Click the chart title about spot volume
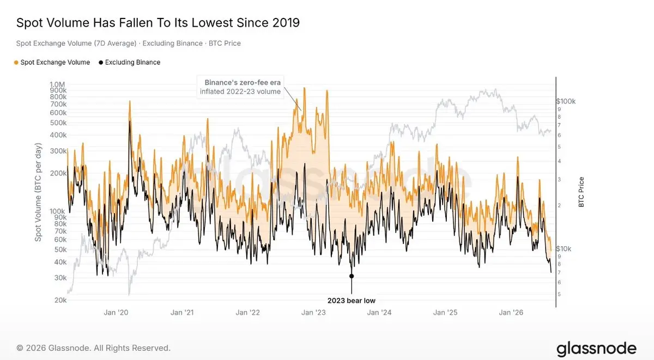coord(158,23)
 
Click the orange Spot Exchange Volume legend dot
coord(16,63)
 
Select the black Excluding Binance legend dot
coord(101,63)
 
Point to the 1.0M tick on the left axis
coord(57,84)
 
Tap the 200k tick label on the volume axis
coord(58,173)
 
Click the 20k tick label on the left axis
coord(60,300)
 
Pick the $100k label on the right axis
coord(566,101)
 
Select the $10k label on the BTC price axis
coord(564,249)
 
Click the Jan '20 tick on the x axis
coord(116,313)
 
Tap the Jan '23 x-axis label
coord(313,313)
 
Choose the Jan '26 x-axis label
coord(511,313)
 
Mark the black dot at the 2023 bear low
coord(352,276)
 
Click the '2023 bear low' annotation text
coord(351,301)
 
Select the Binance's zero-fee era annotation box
coord(240,87)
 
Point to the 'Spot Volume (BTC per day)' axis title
coord(38,192)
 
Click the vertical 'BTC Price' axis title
coord(581,192)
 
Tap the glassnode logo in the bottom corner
coord(596,349)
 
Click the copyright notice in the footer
coord(93,348)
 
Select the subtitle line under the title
coord(129,44)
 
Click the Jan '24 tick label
coord(379,313)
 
